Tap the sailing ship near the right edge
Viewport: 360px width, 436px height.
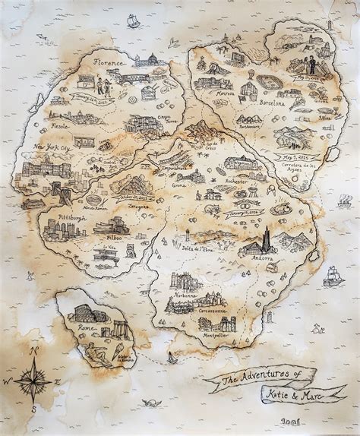click(x=333, y=276)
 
